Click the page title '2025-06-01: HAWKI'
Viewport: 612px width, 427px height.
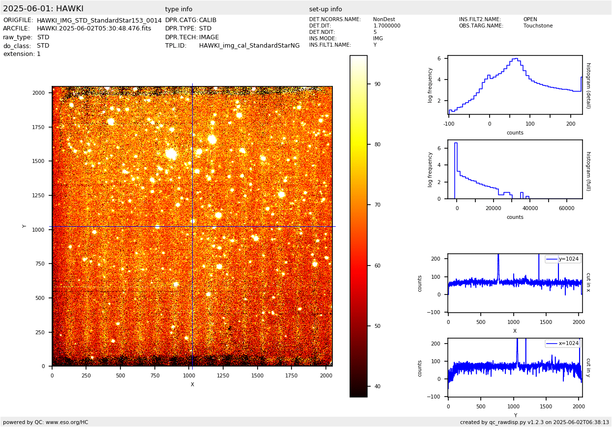click(x=43, y=9)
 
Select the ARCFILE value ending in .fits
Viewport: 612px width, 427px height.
click(x=94, y=29)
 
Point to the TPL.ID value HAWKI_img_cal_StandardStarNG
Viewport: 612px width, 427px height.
click(x=249, y=46)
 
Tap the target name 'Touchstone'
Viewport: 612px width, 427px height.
click(x=538, y=26)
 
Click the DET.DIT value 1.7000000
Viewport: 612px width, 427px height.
click(x=386, y=26)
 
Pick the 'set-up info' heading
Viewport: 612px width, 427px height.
click(x=325, y=9)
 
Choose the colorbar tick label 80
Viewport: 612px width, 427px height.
click(x=378, y=144)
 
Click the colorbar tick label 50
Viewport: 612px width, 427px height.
click(x=378, y=326)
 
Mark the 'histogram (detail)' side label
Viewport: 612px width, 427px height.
click(x=588, y=85)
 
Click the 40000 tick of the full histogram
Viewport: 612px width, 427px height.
click(x=530, y=208)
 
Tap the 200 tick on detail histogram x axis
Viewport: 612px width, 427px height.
click(x=570, y=124)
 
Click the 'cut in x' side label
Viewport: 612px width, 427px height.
click(x=588, y=282)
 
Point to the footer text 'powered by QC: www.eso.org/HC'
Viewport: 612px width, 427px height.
click(x=46, y=422)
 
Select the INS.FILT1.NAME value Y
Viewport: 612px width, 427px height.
click(x=375, y=45)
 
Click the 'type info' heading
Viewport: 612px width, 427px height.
click(x=179, y=9)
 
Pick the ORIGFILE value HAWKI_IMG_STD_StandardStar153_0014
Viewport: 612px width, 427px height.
click(x=99, y=21)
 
